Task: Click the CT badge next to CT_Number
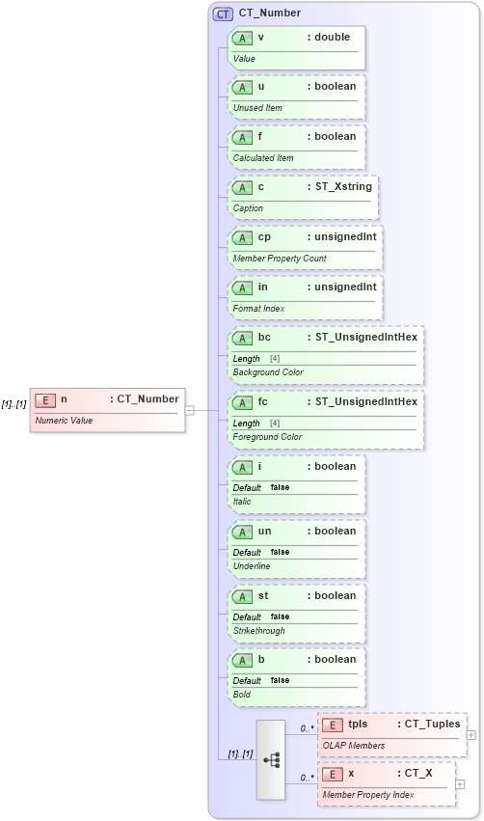click(x=223, y=14)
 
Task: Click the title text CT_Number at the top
click(x=270, y=14)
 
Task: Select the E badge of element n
click(x=44, y=399)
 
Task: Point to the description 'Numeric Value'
click(x=64, y=421)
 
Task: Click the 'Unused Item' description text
click(x=257, y=108)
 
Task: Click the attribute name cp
click(x=264, y=236)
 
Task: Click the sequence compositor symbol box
click(x=271, y=759)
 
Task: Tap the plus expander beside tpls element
click(x=471, y=735)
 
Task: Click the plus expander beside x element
click(x=460, y=784)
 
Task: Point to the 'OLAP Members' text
click(x=353, y=745)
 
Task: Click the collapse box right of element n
click(x=190, y=410)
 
